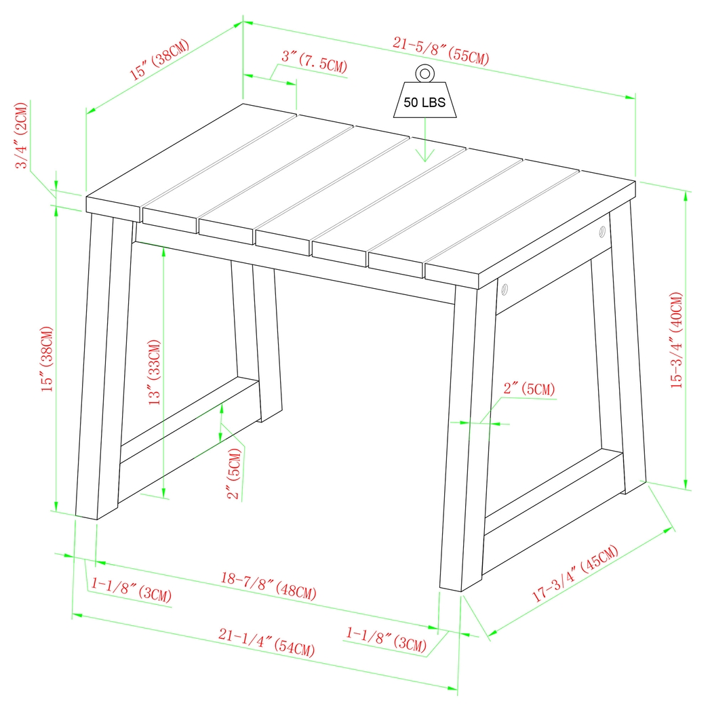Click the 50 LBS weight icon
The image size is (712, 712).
coord(424,100)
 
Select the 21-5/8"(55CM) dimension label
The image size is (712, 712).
coord(441,52)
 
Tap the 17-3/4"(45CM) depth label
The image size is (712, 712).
coord(575,574)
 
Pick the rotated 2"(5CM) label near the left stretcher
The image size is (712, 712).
coord(235,474)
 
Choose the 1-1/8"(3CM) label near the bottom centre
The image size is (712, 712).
coord(387,639)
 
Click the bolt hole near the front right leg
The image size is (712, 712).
coord(504,290)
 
